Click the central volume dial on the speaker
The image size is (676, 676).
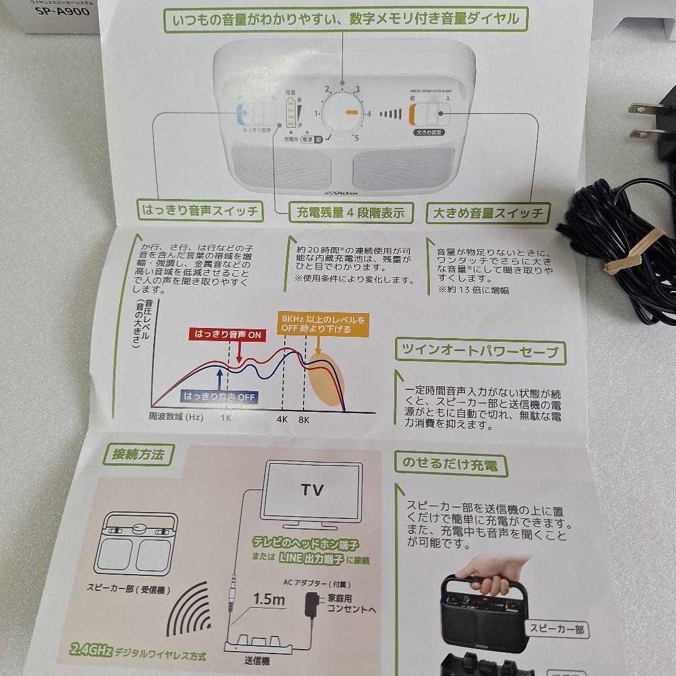point(344,113)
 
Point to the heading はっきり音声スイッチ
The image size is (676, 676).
point(200,211)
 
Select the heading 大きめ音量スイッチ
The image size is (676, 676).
point(488,213)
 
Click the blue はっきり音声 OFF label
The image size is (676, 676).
point(220,396)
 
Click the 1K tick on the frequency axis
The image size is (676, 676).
point(226,420)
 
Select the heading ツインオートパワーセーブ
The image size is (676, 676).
point(479,351)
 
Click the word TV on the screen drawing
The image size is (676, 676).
point(312,489)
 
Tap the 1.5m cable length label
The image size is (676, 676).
point(269,599)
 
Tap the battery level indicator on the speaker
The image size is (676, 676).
point(290,113)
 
